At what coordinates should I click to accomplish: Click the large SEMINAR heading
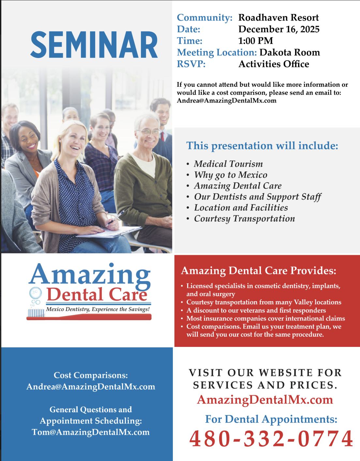pyautogui.click(x=94, y=45)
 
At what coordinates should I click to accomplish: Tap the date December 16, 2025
pyautogui.click(x=279, y=29)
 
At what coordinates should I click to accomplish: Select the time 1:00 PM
pyautogui.click(x=255, y=41)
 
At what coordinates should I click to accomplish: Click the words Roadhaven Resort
pyautogui.click(x=278, y=18)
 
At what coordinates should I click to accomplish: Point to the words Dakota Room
pyautogui.click(x=290, y=52)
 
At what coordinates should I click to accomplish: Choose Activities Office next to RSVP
pyautogui.click(x=274, y=64)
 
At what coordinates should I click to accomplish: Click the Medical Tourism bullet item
pyautogui.click(x=228, y=164)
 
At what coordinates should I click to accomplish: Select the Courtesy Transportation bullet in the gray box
pyautogui.click(x=244, y=218)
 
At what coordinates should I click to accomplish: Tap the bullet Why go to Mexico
pyautogui.click(x=231, y=175)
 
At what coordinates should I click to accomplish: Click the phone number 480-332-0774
pyautogui.click(x=271, y=439)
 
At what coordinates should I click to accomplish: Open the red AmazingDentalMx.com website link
pyautogui.click(x=265, y=400)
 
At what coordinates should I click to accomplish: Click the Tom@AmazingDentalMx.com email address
pyautogui.click(x=91, y=432)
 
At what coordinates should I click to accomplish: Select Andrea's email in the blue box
pyautogui.click(x=91, y=387)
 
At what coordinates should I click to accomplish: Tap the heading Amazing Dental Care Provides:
pyautogui.click(x=258, y=271)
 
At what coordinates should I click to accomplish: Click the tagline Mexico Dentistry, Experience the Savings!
pyautogui.click(x=98, y=309)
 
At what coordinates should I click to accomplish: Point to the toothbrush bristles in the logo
pyautogui.click(x=36, y=313)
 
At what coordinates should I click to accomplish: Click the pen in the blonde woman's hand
pyautogui.click(x=116, y=217)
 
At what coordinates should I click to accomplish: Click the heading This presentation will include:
pyautogui.click(x=262, y=145)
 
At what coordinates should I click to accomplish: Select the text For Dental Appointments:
pyautogui.click(x=271, y=419)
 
